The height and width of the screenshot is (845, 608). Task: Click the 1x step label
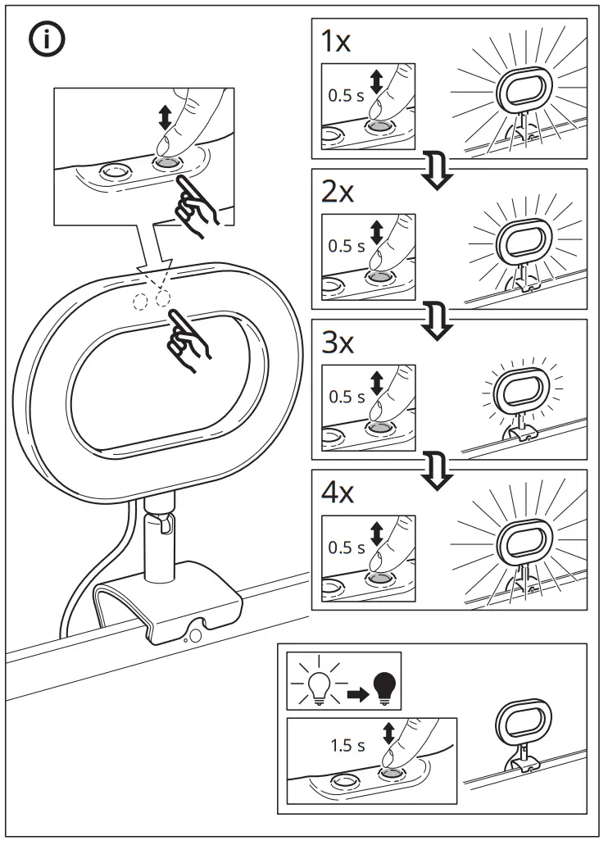[x=336, y=43]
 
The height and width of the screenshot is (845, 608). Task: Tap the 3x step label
[x=337, y=343]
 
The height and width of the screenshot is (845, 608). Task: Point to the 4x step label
[x=337, y=494]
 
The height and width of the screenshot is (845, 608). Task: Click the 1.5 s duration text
[x=347, y=745]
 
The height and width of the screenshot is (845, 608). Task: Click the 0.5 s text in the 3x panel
[x=346, y=397]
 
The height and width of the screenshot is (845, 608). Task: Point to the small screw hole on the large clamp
[x=196, y=633]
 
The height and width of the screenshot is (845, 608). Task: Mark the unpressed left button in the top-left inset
[x=113, y=172]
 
